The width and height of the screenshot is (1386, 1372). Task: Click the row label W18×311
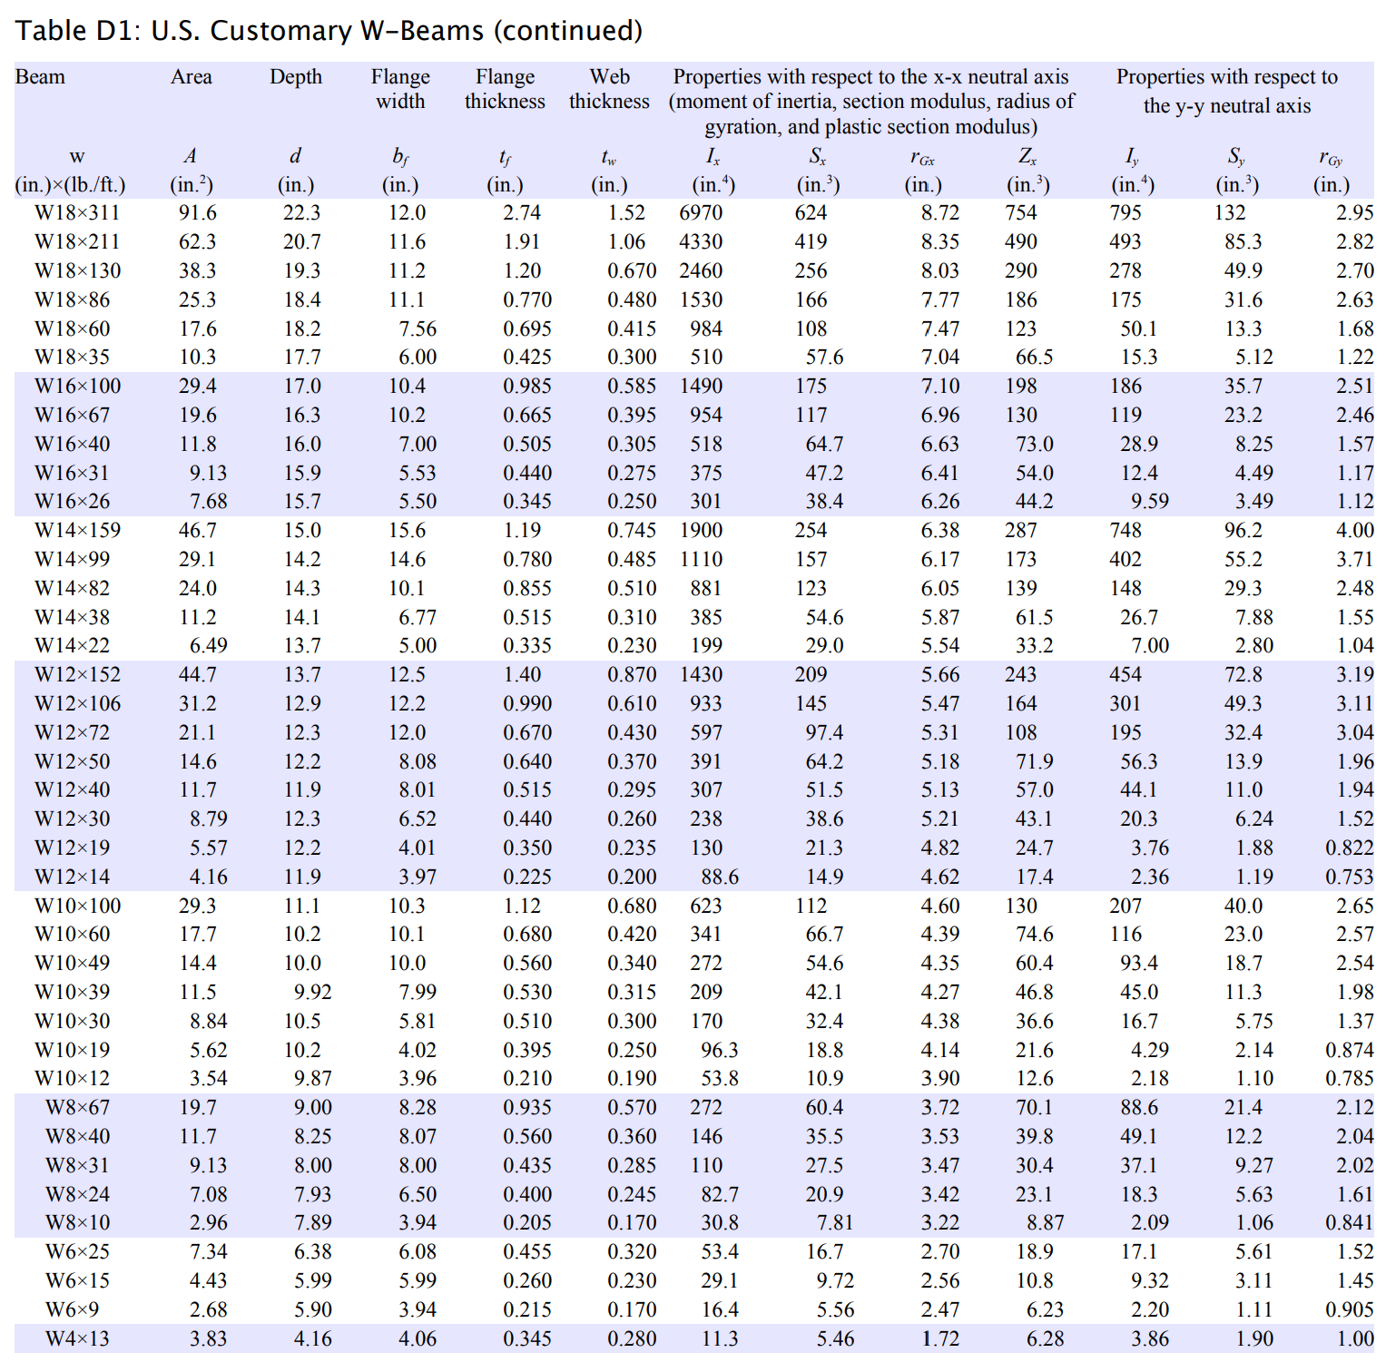[77, 213]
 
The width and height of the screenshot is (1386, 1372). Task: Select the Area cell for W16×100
[197, 387]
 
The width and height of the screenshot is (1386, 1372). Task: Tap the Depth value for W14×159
[302, 531]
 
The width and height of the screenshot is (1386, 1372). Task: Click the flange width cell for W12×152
[407, 675]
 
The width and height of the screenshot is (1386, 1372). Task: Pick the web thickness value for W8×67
[631, 1108]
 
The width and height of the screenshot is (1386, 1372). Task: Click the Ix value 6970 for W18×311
[701, 213]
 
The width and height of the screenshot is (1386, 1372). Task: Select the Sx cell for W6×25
[824, 1252]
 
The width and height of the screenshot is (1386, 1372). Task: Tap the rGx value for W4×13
[939, 1338]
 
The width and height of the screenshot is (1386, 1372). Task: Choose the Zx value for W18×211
[1020, 242]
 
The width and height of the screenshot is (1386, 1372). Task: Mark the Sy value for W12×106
[1243, 704]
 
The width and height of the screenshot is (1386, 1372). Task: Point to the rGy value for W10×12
[1349, 1079]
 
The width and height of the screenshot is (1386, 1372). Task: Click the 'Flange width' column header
[400, 89]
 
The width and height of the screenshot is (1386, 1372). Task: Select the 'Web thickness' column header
[609, 89]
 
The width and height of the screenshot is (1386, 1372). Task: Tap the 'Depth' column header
[296, 77]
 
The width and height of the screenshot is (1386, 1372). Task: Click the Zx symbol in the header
[1027, 157]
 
